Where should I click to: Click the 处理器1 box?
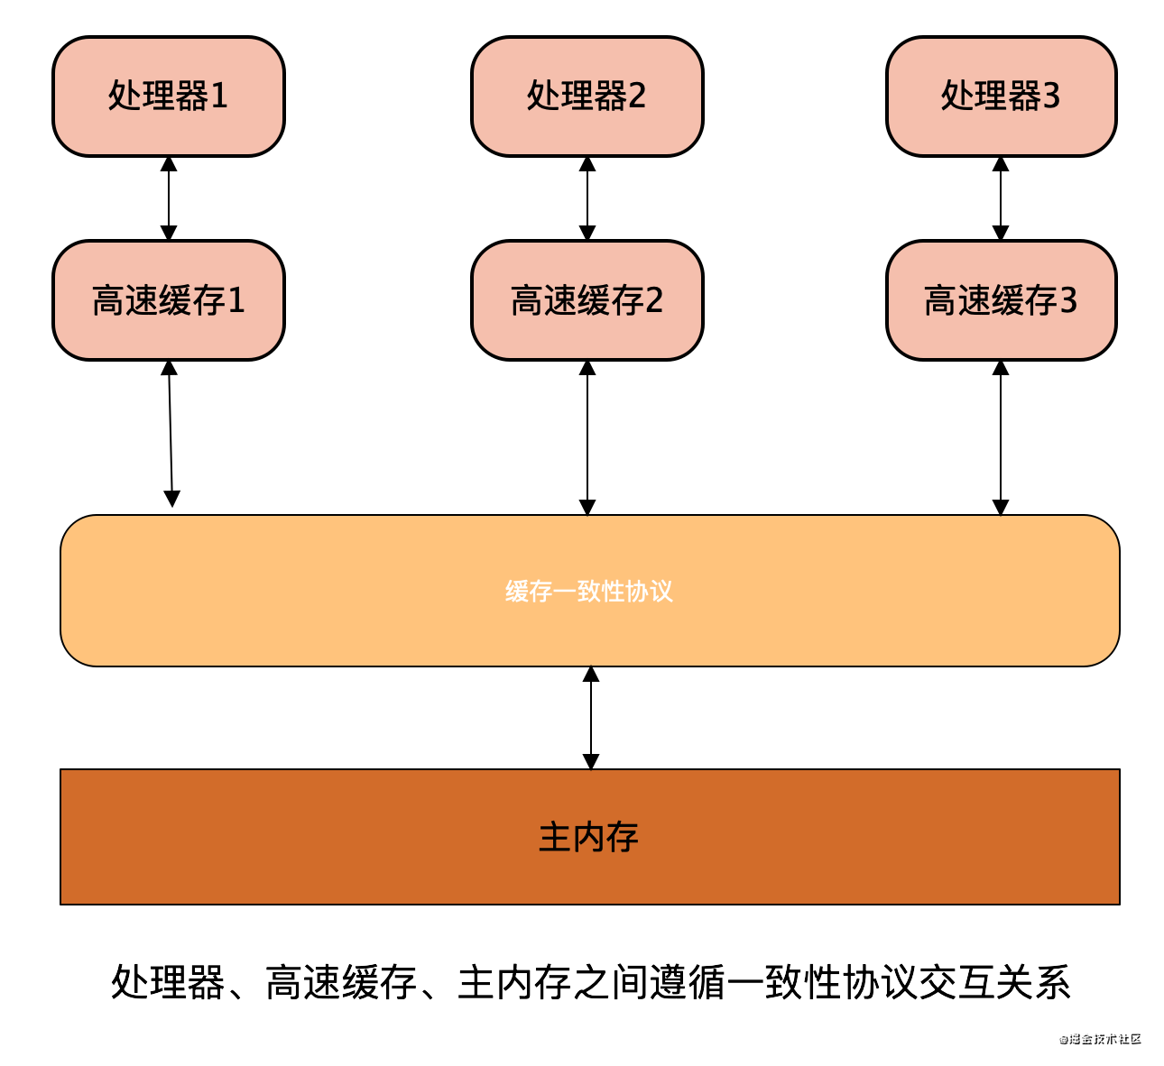(169, 96)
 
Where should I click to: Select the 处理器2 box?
(587, 96)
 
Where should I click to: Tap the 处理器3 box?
(1001, 96)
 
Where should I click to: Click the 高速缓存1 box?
(169, 300)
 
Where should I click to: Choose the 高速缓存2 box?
(587, 300)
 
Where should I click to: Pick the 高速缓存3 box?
(1001, 300)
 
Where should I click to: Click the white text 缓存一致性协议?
(589, 592)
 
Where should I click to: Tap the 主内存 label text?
(588, 837)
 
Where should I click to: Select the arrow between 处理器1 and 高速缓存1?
(169, 198)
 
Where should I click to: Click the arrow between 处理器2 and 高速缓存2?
(587, 198)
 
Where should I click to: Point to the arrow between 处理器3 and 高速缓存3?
(1000, 198)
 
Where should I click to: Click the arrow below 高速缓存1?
(171, 434)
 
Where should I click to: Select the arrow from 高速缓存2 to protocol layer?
(587, 437)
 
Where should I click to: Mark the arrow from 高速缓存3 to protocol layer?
(1000, 437)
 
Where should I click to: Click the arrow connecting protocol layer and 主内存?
(591, 718)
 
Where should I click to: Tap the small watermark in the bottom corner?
(1100, 1038)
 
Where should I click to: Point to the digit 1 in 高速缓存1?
(236, 300)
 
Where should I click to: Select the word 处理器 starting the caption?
(168, 982)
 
